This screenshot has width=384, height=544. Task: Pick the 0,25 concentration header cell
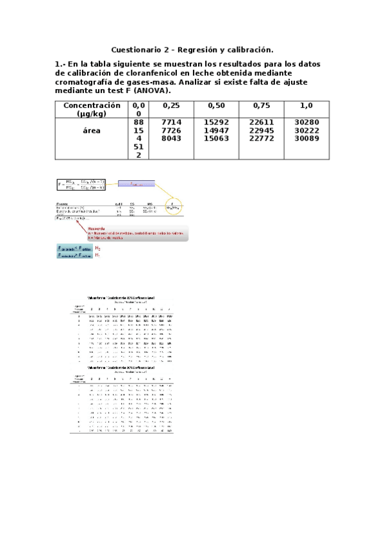pyautogui.click(x=171, y=105)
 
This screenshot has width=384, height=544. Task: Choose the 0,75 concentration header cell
pyautogui.click(x=261, y=105)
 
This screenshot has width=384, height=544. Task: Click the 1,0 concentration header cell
pyautogui.click(x=306, y=105)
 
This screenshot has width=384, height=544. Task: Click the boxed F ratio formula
pyautogui.click(x=82, y=185)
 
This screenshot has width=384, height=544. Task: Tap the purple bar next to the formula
pyautogui.click(x=135, y=184)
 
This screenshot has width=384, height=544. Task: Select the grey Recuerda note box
pyautogui.click(x=134, y=232)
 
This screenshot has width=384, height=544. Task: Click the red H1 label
pyautogui.click(x=97, y=255)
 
